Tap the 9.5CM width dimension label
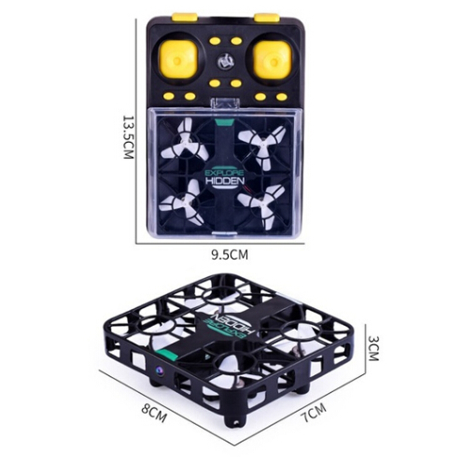(230, 255)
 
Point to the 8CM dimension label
(154, 414)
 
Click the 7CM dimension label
(314, 412)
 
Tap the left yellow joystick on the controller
(178, 61)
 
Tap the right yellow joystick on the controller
(273, 61)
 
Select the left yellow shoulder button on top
(185, 17)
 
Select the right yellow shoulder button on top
(267, 17)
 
